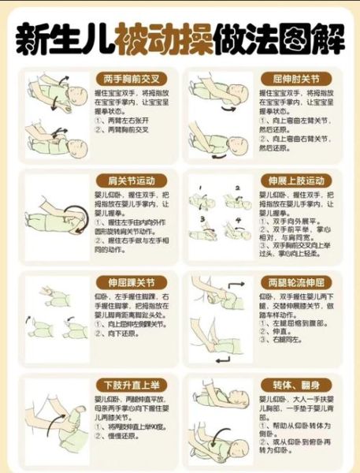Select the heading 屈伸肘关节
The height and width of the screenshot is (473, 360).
tap(296, 80)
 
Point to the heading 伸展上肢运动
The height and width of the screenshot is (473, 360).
tap(296, 181)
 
